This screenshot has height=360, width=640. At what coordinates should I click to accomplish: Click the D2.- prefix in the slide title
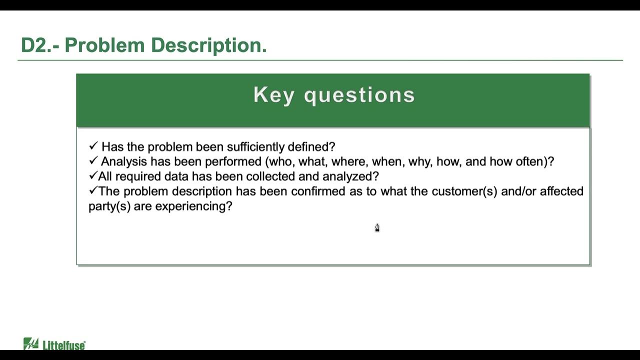pyautogui.click(x=40, y=45)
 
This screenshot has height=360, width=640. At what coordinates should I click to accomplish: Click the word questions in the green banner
pyautogui.click(x=359, y=95)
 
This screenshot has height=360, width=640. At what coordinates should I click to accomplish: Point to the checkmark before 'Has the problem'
pyautogui.click(x=93, y=146)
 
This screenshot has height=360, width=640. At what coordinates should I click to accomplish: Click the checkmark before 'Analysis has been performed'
pyautogui.click(x=93, y=161)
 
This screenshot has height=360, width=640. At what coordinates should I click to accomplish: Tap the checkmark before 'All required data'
pyautogui.click(x=92, y=175)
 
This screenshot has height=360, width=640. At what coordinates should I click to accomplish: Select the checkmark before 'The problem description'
pyautogui.click(x=92, y=190)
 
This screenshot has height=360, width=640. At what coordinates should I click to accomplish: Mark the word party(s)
pyautogui.click(x=109, y=206)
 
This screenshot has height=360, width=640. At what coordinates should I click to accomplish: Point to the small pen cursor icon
pyautogui.click(x=377, y=228)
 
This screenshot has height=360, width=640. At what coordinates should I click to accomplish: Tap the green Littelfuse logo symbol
pyautogui.click(x=31, y=344)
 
